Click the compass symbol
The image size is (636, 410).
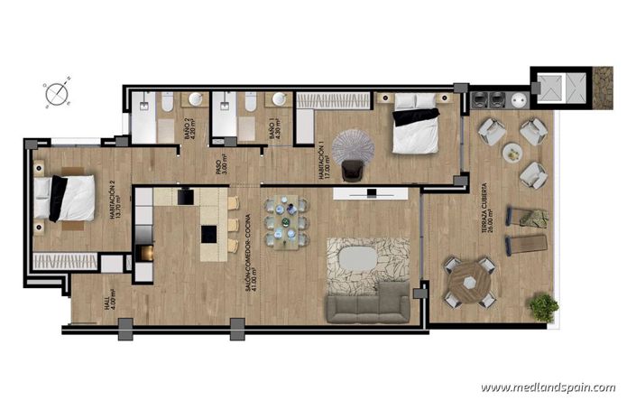(56, 92)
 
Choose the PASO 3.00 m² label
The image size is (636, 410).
(221, 169)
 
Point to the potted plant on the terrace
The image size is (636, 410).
(543, 306)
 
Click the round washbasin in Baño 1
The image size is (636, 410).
(279, 98)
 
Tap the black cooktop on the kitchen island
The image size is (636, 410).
(207, 234)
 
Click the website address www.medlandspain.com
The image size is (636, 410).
(548, 387)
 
